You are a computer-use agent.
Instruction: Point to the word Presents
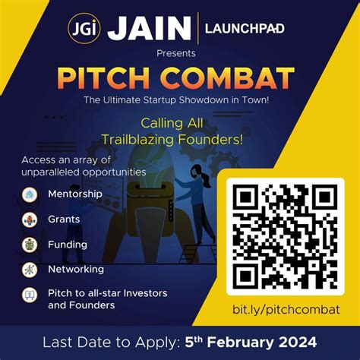176,53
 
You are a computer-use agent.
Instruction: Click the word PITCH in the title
114,78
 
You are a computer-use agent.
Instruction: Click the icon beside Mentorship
30,195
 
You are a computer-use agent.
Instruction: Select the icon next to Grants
30,219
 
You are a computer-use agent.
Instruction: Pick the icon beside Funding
30,245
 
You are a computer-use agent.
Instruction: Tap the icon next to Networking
30,270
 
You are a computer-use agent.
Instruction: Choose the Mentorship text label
74,194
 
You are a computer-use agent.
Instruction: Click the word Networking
75,269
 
